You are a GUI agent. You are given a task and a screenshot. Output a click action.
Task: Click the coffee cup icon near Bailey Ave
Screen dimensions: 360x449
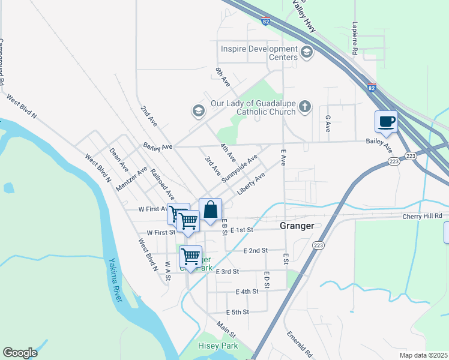point(385,122)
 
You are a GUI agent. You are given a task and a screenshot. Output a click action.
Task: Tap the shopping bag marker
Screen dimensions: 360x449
point(210,210)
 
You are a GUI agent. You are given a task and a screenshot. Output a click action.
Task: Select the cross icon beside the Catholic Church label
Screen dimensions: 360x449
point(305,107)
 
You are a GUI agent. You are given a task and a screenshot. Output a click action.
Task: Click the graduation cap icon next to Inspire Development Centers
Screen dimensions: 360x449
point(307,52)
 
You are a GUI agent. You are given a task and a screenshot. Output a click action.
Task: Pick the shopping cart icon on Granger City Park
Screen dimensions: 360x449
point(190,256)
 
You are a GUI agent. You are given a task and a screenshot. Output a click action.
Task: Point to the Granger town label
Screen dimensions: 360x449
point(297,226)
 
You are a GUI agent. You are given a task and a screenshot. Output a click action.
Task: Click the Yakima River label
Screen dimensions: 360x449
point(115,281)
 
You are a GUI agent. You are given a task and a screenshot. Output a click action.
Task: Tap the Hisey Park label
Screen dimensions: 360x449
point(218,346)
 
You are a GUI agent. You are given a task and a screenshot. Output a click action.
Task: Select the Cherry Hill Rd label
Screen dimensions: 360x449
point(423,216)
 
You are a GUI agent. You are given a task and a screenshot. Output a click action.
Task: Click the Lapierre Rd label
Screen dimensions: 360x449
point(355,40)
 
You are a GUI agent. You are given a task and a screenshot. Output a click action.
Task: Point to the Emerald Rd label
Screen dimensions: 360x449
point(300,344)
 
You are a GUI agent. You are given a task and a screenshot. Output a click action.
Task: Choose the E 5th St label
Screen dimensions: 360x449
point(237,312)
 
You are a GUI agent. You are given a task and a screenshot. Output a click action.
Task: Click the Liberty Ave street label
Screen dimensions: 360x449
point(251,184)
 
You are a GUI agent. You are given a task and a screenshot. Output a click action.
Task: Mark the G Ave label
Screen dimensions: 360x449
point(328,124)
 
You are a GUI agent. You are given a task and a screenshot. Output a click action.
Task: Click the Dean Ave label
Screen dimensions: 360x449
point(119,157)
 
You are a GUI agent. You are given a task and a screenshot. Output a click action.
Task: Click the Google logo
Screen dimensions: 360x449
point(20,353)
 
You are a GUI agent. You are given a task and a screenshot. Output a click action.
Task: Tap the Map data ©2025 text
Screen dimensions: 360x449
point(423,355)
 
